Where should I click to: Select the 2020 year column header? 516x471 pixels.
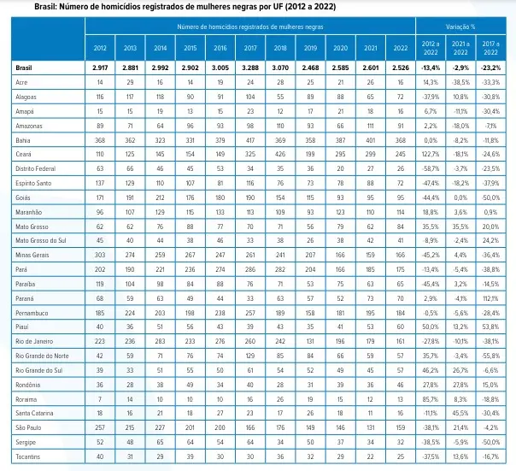click(x=340, y=50)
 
